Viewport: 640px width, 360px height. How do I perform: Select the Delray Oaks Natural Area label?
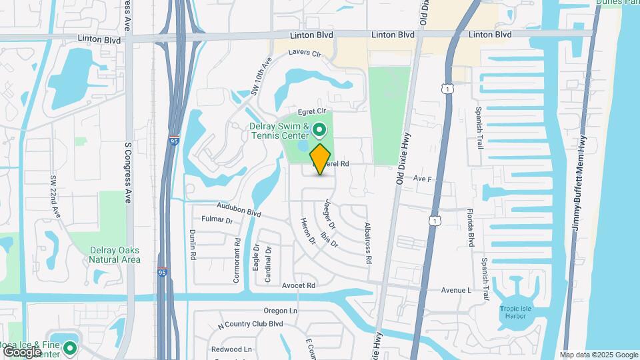[115, 255]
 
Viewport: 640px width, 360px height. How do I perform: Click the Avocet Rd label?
[298, 285]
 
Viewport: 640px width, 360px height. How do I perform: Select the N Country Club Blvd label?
[251, 324]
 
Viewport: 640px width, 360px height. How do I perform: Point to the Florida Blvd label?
[470, 227]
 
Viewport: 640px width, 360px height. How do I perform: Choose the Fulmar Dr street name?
[217, 220]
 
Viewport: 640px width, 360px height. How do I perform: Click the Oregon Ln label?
[280, 311]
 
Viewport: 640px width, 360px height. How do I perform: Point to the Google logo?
[22, 351]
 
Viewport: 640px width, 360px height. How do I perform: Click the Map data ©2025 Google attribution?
[599, 355]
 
